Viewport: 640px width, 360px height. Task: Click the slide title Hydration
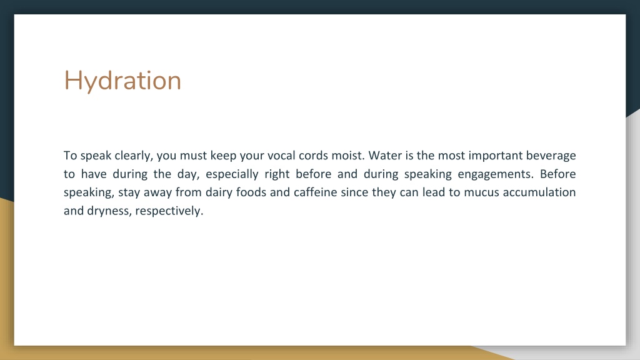(x=122, y=81)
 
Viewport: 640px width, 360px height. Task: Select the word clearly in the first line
(x=134, y=156)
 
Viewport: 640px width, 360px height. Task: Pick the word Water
(x=385, y=156)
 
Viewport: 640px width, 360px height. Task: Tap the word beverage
(x=551, y=156)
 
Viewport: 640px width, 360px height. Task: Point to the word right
(x=277, y=174)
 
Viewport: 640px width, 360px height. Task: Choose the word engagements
(x=496, y=174)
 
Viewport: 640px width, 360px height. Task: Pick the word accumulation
(x=539, y=192)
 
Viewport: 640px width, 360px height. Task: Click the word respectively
(x=169, y=211)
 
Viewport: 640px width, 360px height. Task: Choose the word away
(x=157, y=192)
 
